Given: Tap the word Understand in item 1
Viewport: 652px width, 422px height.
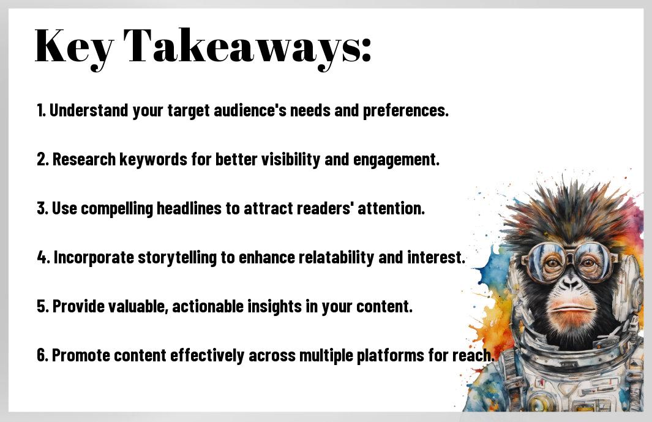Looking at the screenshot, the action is click(x=89, y=110).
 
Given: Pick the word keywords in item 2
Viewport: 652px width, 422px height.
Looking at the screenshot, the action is click(x=154, y=159).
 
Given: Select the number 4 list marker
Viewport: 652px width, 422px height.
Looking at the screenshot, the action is click(x=42, y=257).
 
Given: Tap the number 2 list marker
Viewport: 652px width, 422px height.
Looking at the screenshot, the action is click(x=42, y=159).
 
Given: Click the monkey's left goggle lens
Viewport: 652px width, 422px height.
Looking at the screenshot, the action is click(x=543, y=261).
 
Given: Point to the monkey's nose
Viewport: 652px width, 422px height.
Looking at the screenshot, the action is click(x=571, y=284).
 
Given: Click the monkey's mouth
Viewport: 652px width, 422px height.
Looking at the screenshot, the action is click(x=572, y=309).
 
